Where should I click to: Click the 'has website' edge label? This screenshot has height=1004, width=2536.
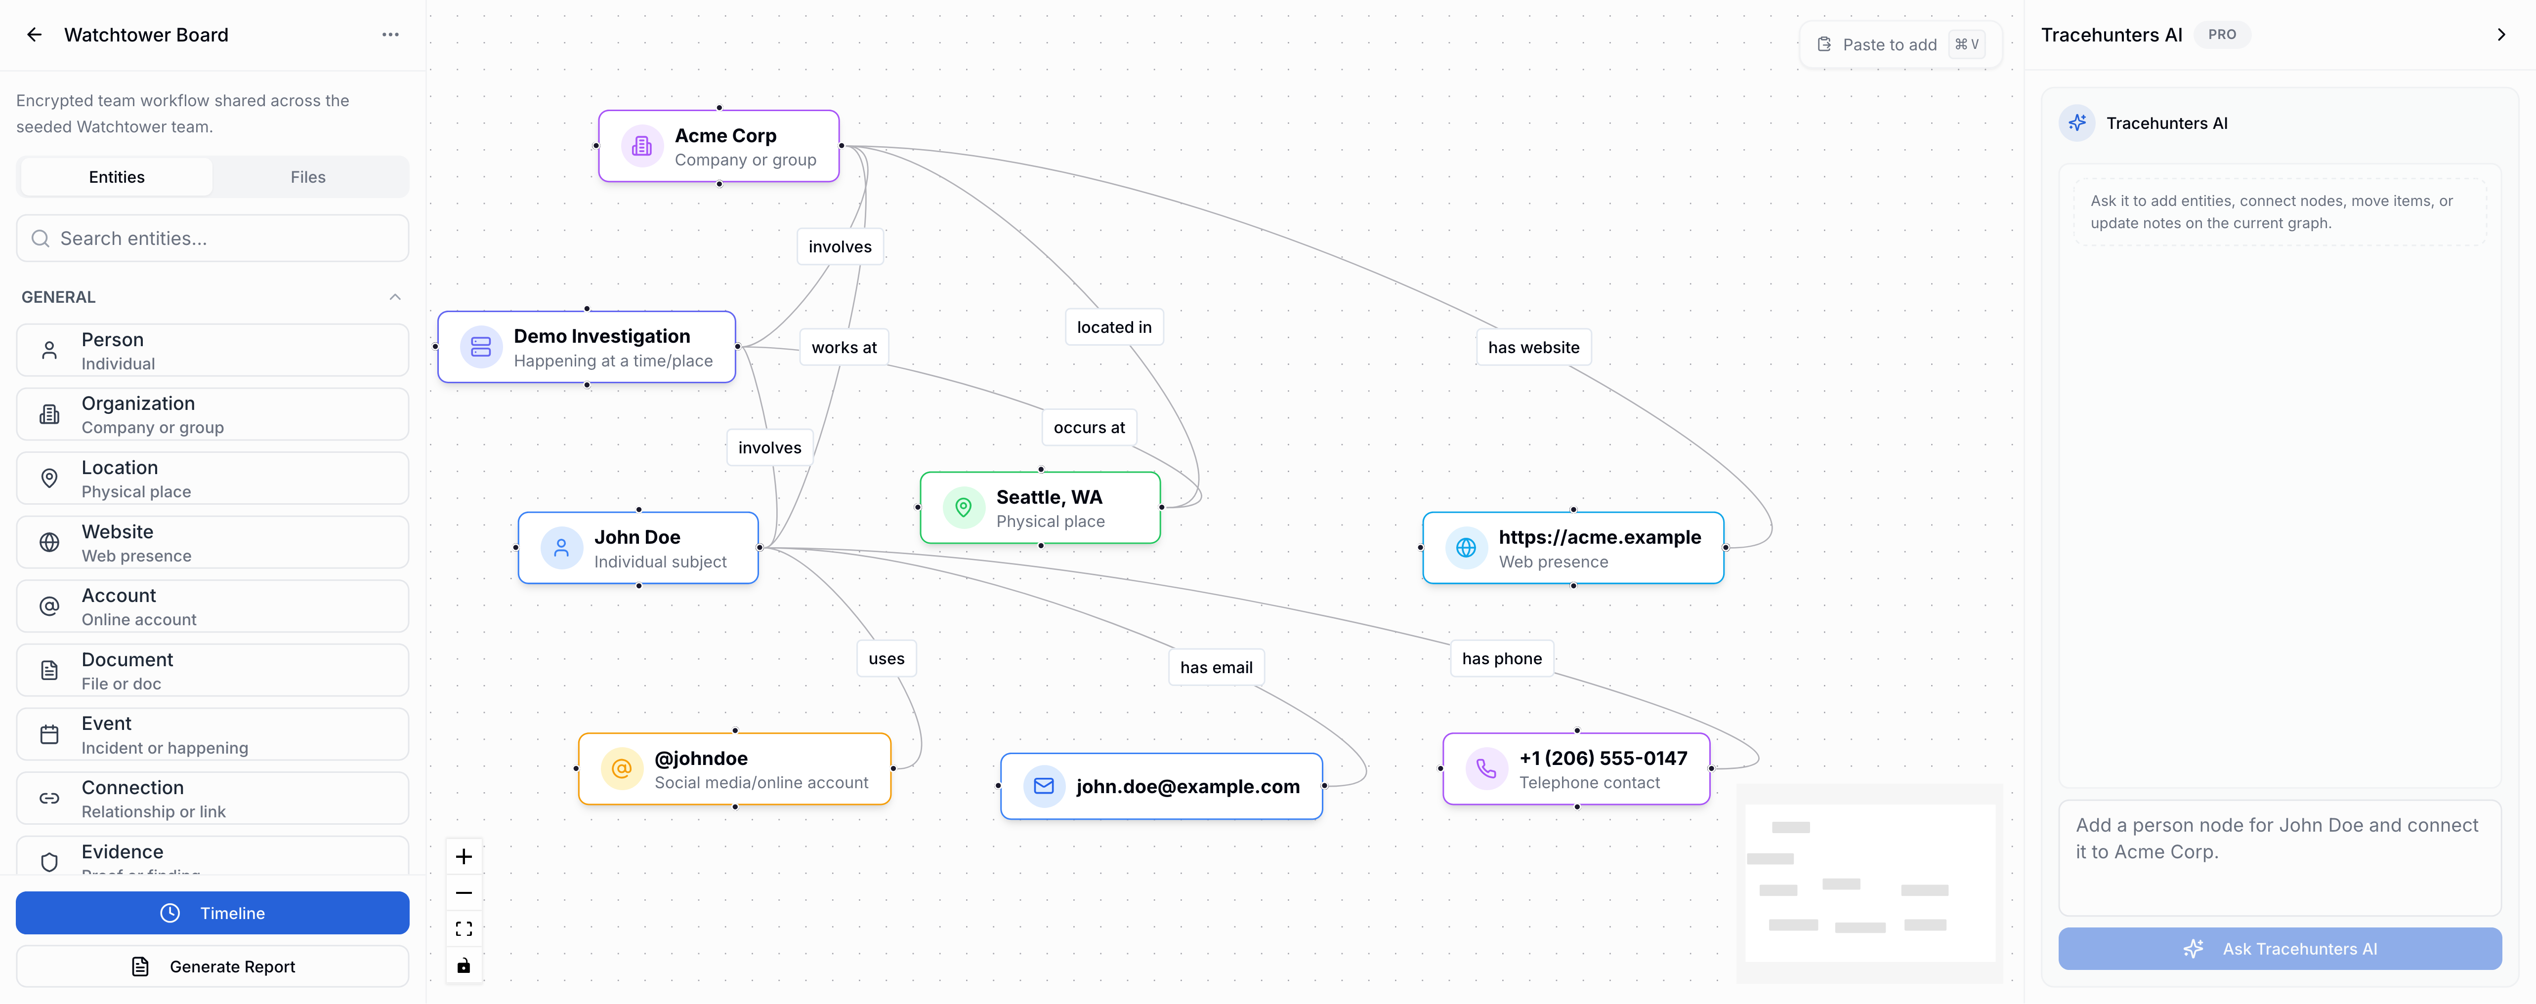1533,348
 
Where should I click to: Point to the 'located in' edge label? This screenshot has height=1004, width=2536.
1113,327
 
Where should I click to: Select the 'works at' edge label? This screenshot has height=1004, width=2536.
844,348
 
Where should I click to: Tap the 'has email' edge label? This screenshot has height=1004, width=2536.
1216,667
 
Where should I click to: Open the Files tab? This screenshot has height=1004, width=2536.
308,177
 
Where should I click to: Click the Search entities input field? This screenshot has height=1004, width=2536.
212,238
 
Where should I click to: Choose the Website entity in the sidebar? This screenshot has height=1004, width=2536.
212,542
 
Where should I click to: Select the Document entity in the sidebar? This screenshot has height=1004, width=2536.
212,670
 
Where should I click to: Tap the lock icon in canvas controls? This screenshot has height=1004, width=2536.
464,965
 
